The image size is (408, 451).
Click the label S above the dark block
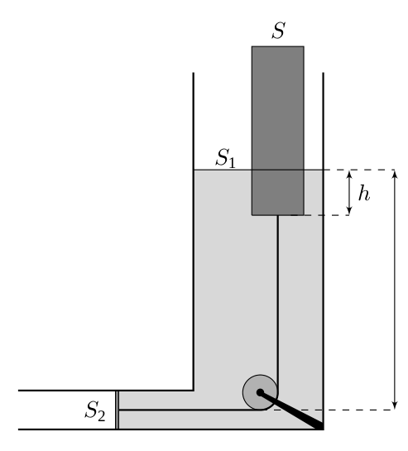[279, 30]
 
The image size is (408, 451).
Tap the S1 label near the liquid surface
[226, 158]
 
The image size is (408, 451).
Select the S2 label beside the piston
[95, 410]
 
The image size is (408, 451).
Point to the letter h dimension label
[364, 193]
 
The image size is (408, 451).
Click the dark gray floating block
[278, 131]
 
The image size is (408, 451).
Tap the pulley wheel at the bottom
[260, 392]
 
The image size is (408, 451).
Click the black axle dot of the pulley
[260, 392]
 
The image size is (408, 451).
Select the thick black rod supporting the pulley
[291, 410]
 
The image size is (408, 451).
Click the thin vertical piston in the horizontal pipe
[118, 410]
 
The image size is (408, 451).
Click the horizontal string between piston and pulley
[190, 410]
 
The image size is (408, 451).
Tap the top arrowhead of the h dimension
[349, 174]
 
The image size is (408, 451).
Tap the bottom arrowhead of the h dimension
[349, 211]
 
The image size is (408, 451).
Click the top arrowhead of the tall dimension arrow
[396, 174]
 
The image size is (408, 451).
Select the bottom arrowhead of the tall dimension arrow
[396, 405]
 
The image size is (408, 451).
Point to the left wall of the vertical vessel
[194, 232]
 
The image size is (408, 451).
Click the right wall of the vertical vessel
[323, 251]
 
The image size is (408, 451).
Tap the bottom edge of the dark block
[278, 215]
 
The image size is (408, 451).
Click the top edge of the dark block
[278, 46]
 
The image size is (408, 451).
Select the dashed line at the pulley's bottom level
[334, 410]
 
